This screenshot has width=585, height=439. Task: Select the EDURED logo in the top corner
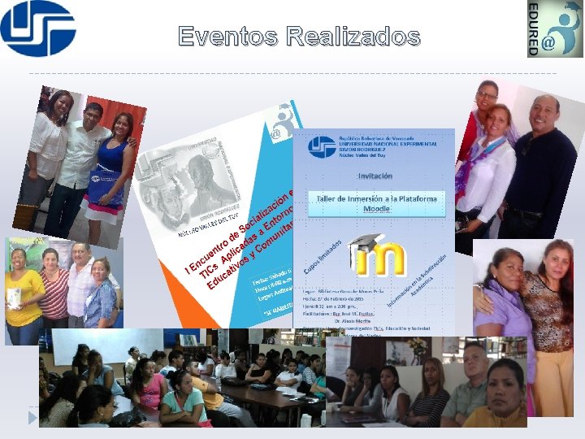click(555, 28)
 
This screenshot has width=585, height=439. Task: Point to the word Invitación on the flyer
click(375, 175)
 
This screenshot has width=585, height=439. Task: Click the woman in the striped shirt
click(54, 289)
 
